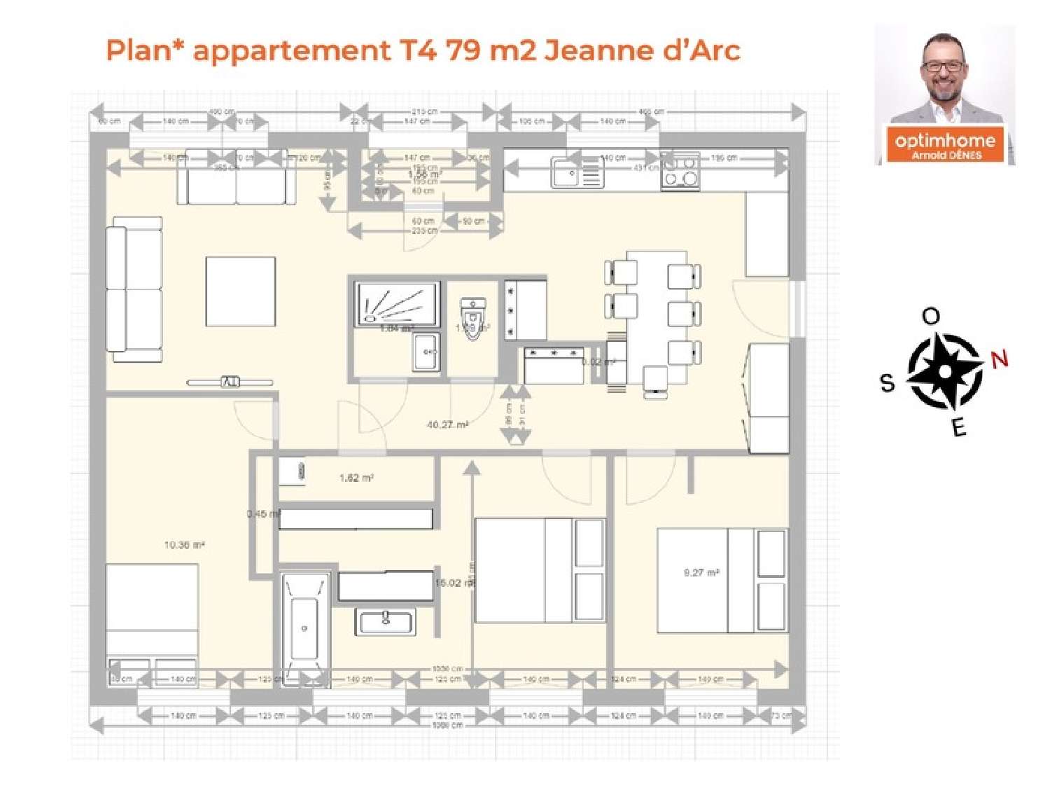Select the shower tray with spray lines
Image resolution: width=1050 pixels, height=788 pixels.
coord(398,303)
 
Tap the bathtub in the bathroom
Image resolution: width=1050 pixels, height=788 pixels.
coord(304,628)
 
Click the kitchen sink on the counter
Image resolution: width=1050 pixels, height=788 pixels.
coord(576,172)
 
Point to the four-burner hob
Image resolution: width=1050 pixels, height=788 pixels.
coord(680,171)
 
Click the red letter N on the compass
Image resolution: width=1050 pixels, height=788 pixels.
coord(999,360)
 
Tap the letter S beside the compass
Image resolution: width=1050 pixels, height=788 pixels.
coord(887,382)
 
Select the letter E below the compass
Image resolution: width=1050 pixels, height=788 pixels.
coord(959,427)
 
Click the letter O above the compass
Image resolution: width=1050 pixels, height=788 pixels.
coord(930,317)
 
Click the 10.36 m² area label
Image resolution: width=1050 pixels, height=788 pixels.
coord(184,545)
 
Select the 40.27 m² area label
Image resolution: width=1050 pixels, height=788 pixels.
coord(447,424)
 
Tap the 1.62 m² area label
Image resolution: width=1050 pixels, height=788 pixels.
coord(356,478)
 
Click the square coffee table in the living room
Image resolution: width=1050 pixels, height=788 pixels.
coord(240,291)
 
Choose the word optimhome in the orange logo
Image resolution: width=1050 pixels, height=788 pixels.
coord(944,140)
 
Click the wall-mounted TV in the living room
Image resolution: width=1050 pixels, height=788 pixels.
coord(230,382)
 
